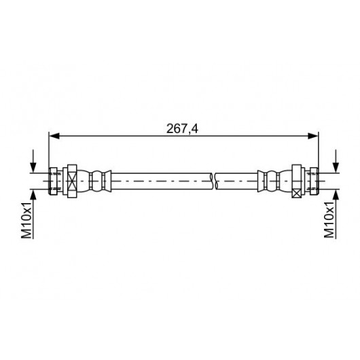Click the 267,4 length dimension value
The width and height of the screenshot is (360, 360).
[182, 129]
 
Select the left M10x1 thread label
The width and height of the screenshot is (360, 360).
[26, 220]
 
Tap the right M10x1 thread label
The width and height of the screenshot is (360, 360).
[329, 220]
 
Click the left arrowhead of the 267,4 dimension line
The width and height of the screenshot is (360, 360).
[54, 136]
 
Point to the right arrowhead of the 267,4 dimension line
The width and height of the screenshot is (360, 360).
[313, 136]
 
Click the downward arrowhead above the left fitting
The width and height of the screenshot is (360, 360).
[33, 168]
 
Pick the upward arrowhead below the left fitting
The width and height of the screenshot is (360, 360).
[33, 195]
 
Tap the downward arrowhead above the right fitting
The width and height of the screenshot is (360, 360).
[336, 168]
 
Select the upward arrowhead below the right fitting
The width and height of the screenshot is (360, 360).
[336, 195]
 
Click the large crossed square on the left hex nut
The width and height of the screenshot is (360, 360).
[72, 181]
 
